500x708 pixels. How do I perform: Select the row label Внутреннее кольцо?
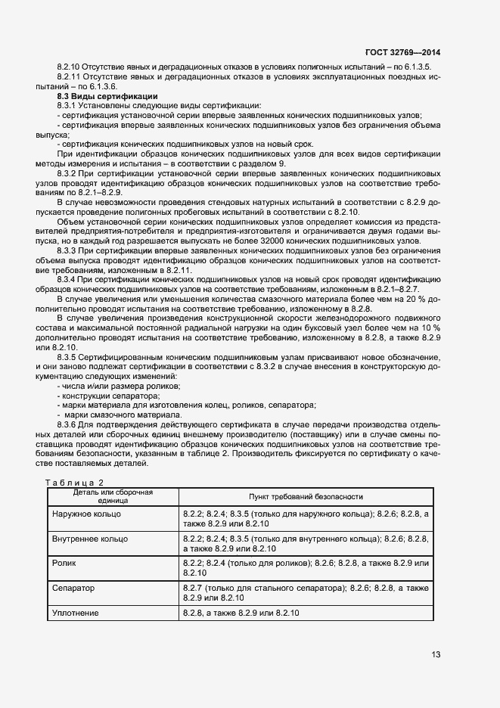(90, 539)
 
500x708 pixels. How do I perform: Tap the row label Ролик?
(64, 564)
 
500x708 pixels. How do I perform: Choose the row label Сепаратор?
(74, 588)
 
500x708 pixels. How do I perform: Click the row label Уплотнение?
(76, 613)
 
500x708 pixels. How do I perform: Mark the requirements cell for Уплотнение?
(241, 613)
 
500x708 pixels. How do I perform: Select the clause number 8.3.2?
(71, 173)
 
